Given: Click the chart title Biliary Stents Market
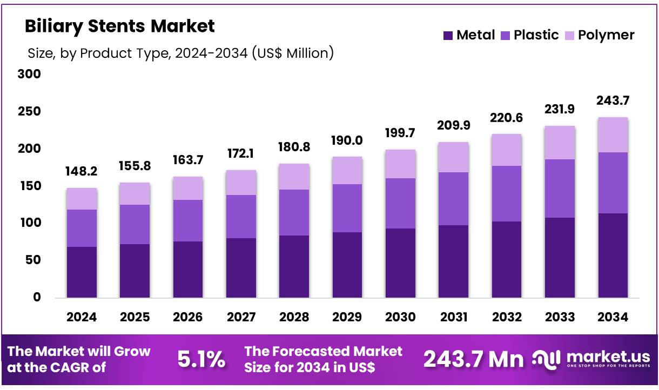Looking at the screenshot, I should click(119, 26).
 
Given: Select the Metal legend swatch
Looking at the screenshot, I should click(448, 36).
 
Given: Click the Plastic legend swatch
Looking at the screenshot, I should click(505, 36).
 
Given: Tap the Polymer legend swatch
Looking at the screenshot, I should click(569, 36).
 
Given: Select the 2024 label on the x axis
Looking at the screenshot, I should click(82, 317).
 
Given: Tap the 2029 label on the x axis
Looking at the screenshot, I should click(347, 317).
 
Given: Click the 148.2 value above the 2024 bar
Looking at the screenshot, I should click(82, 171).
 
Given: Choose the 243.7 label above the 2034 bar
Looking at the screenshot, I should click(613, 100).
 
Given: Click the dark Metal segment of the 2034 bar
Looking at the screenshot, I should click(613, 255).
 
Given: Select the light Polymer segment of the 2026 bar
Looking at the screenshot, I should click(188, 189).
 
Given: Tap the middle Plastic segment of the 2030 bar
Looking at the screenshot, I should click(400, 203).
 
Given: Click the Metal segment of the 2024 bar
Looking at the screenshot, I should click(82, 272).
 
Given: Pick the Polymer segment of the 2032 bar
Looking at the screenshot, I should click(507, 150).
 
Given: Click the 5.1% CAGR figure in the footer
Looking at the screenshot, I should click(201, 359).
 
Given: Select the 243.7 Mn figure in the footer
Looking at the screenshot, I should click(473, 359).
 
